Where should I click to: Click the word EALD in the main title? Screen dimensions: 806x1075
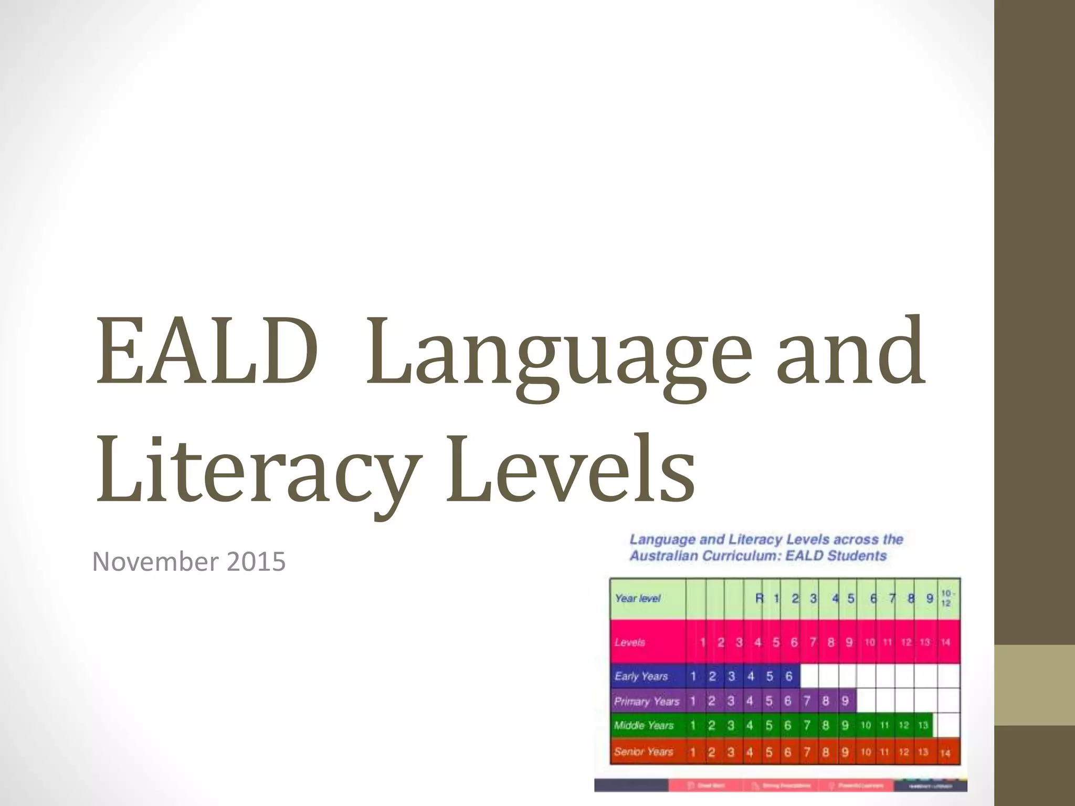pyautogui.click(x=206, y=352)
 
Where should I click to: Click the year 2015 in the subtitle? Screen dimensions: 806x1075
pyautogui.click(x=257, y=561)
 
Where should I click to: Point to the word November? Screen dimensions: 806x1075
pyautogui.click(x=156, y=561)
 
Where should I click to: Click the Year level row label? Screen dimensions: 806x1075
pyautogui.click(x=637, y=598)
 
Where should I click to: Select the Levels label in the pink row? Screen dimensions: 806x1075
pyautogui.click(x=629, y=642)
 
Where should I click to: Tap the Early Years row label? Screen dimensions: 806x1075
pyautogui.click(x=641, y=676)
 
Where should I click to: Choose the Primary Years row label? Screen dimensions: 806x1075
pyautogui.click(x=647, y=701)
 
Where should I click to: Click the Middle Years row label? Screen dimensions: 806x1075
pyautogui.click(x=644, y=726)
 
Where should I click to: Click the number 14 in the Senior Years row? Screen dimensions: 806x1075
pyautogui.click(x=945, y=753)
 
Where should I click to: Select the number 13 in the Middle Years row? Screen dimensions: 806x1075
pyautogui.click(x=923, y=726)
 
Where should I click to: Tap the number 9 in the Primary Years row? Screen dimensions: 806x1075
pyautogui.click(x=845, y=701)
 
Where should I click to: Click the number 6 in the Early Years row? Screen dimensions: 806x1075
pyautogui.click(x=788, y=676)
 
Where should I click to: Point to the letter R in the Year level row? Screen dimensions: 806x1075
pyautogui.click(x=759, y=598)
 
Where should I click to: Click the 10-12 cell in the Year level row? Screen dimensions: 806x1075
pyautogui.click(x=946, y=598)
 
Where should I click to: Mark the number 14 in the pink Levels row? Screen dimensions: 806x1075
pyautogui.click(x=945, y=642)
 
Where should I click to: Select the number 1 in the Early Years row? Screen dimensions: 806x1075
pyautogui.click(x=693, y=676)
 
